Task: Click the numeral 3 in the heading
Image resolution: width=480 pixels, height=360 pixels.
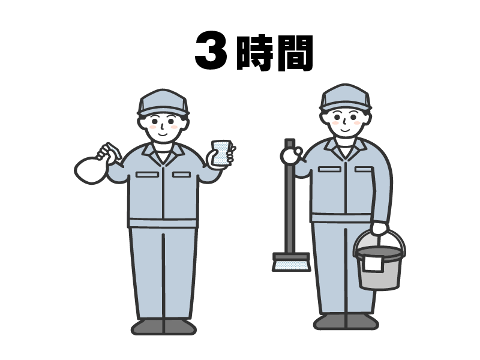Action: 211,50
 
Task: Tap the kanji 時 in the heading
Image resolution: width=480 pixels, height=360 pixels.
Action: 254,53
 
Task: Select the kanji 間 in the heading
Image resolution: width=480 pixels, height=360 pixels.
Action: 295,53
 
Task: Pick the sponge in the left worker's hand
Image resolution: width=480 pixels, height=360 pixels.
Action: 221,153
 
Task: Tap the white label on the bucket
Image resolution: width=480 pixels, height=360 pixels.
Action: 373,263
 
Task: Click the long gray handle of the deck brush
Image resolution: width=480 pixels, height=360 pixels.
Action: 290,196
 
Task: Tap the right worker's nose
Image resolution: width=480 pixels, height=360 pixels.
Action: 344,122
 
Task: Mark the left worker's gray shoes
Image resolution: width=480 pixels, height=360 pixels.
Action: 164,326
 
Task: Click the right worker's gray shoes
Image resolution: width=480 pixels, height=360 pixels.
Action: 346,322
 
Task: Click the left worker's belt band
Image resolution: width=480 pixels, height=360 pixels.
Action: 163,223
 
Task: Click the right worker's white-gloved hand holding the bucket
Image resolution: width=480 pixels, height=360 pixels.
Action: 380,229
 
